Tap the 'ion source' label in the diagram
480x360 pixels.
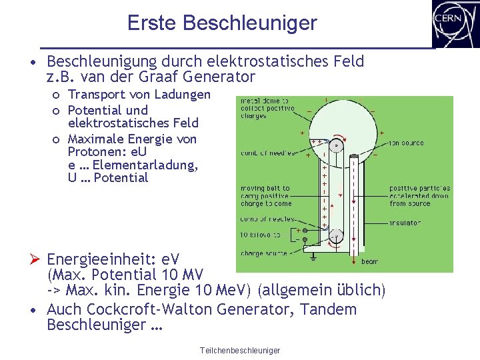pyautogui.click(x=407, y=143)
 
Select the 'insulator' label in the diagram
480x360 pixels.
pyautogui.click(x=405, y=223)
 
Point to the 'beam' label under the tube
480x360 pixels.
pyautogui.click(x=369, y=262)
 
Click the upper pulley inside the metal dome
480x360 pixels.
pyautogui.click(x=337, y=146)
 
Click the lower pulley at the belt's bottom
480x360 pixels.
pyautogui.click(x=336, y=235)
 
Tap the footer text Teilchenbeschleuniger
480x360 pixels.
pyautogui.click(x=240, y=351)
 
